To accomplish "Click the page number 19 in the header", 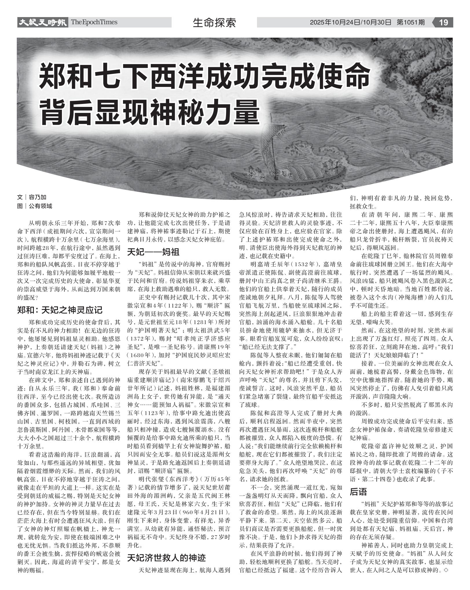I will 443,22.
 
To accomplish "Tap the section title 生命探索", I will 214,23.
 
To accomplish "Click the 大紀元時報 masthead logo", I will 42,22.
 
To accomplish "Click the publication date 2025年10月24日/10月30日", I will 350,23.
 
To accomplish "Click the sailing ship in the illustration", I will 289,174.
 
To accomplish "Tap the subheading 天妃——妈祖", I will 153,252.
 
